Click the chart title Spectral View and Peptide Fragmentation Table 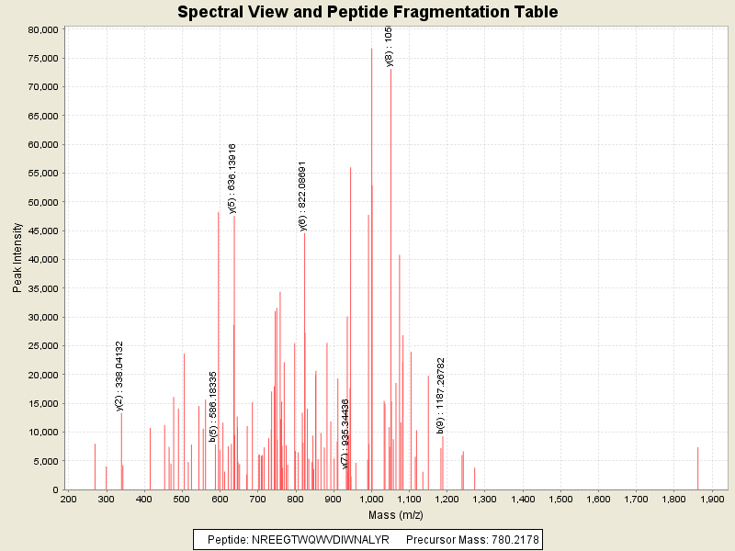[367, 12]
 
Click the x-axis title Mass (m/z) [396, 516]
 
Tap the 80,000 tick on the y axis [44, 29]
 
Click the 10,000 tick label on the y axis [44, 433]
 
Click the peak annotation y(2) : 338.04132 [119, 375]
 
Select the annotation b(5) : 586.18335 [213, 406]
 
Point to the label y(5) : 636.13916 [232, 178]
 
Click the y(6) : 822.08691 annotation [302, 196]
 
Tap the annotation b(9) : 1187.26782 [441, 395]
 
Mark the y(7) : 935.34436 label [345, 433]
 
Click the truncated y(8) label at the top [389, 46]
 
